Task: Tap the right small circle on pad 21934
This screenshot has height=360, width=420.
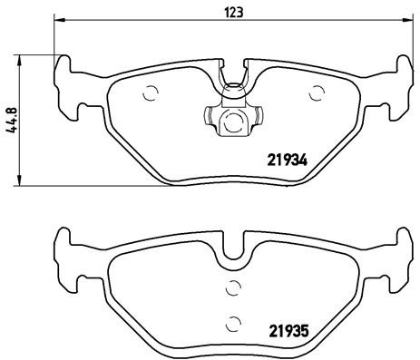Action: [317, 92]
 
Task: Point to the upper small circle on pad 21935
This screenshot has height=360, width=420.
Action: [232, 288]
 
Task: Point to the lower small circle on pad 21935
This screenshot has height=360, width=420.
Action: [233, 321]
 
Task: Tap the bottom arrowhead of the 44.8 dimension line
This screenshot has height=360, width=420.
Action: [23, 183]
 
